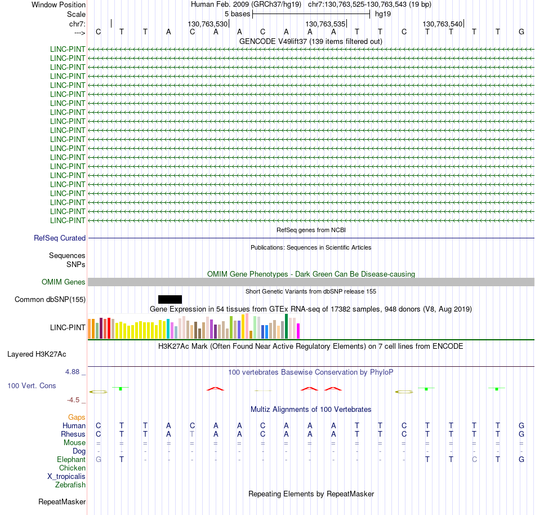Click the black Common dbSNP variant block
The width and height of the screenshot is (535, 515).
(170, 299)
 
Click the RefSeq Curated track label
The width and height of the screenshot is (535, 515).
(60, 238)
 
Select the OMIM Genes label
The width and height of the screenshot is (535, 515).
(64, 282)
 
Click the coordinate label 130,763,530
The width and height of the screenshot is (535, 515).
(208, 24)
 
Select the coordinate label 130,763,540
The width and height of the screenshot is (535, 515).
(443, 24)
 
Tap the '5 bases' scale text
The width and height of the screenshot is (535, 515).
(237, 14)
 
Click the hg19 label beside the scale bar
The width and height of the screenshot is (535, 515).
(383, 14)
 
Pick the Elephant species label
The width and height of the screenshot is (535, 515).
(72, 460)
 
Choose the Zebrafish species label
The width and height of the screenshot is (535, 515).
(70, 485)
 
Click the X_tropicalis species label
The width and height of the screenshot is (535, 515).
(66, 476)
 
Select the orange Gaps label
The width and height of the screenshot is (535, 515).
(77, 418)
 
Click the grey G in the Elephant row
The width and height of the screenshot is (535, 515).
(99, 460)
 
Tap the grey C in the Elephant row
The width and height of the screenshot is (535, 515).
(474, 460)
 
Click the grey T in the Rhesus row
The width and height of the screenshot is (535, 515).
(192, 434)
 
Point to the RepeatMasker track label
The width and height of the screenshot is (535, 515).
(62, 501)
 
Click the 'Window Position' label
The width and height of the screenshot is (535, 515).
(59, 5)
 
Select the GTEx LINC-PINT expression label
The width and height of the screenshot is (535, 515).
(68, 327)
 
